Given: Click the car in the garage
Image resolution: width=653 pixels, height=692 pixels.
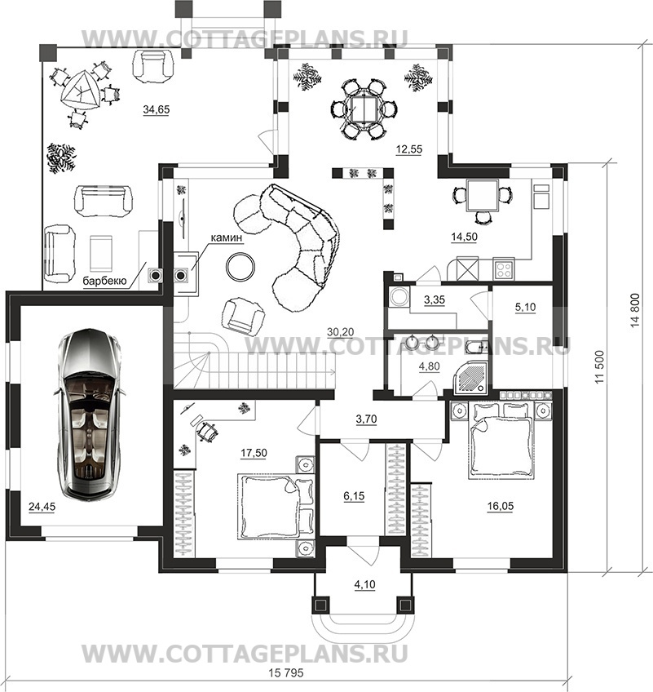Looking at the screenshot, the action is tap(90, 415).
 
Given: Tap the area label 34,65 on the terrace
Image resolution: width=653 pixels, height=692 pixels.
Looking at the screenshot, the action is tap(156, 109).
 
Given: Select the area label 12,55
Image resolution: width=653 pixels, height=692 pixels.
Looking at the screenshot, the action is tap(408, 149).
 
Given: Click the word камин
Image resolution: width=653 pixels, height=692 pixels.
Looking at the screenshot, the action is tap(227, 237).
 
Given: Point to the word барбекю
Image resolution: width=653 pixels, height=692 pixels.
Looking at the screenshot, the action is tap(105, 281).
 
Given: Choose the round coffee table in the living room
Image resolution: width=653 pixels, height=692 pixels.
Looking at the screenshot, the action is tap(240, 266).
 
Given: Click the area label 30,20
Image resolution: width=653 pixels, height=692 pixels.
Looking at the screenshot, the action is tap(341, 332).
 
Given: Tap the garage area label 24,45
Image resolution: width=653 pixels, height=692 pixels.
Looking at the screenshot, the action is tap(42, 507).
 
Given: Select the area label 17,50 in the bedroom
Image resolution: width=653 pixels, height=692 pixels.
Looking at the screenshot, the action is tap(254, 453).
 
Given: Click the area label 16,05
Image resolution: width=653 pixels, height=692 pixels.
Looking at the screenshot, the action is tap(501, 506).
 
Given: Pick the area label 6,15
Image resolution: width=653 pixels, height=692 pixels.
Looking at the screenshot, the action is tap(354, 496).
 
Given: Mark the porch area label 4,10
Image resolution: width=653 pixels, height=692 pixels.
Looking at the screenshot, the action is tap(364, 585).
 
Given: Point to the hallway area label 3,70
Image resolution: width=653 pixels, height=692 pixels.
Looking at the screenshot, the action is tap(366, 419).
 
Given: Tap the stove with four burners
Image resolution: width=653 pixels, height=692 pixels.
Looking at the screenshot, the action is tap(504, 268).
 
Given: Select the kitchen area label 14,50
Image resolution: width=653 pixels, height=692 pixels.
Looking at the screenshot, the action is tap(464, 237).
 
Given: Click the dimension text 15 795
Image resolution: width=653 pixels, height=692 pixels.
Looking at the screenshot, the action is tap(286, 672).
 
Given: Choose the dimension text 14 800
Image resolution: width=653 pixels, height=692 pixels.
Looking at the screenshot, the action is tap(635, 310).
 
